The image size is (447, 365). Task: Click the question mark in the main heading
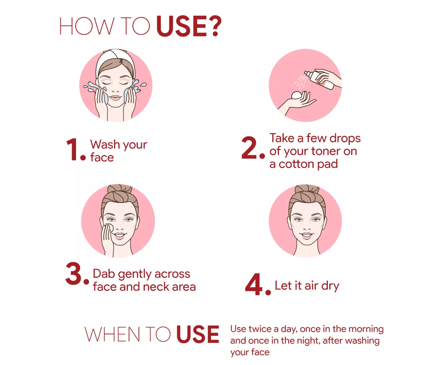tap(214, 26)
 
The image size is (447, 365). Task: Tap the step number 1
tap(72, 149)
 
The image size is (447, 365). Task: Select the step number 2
tap(249, 147)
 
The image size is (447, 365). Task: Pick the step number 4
tap(254, 284)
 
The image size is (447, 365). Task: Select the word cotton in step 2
tap(296, 164)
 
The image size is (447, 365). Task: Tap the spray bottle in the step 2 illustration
tap(319, 80)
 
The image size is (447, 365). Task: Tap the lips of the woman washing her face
tap(115, 98)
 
